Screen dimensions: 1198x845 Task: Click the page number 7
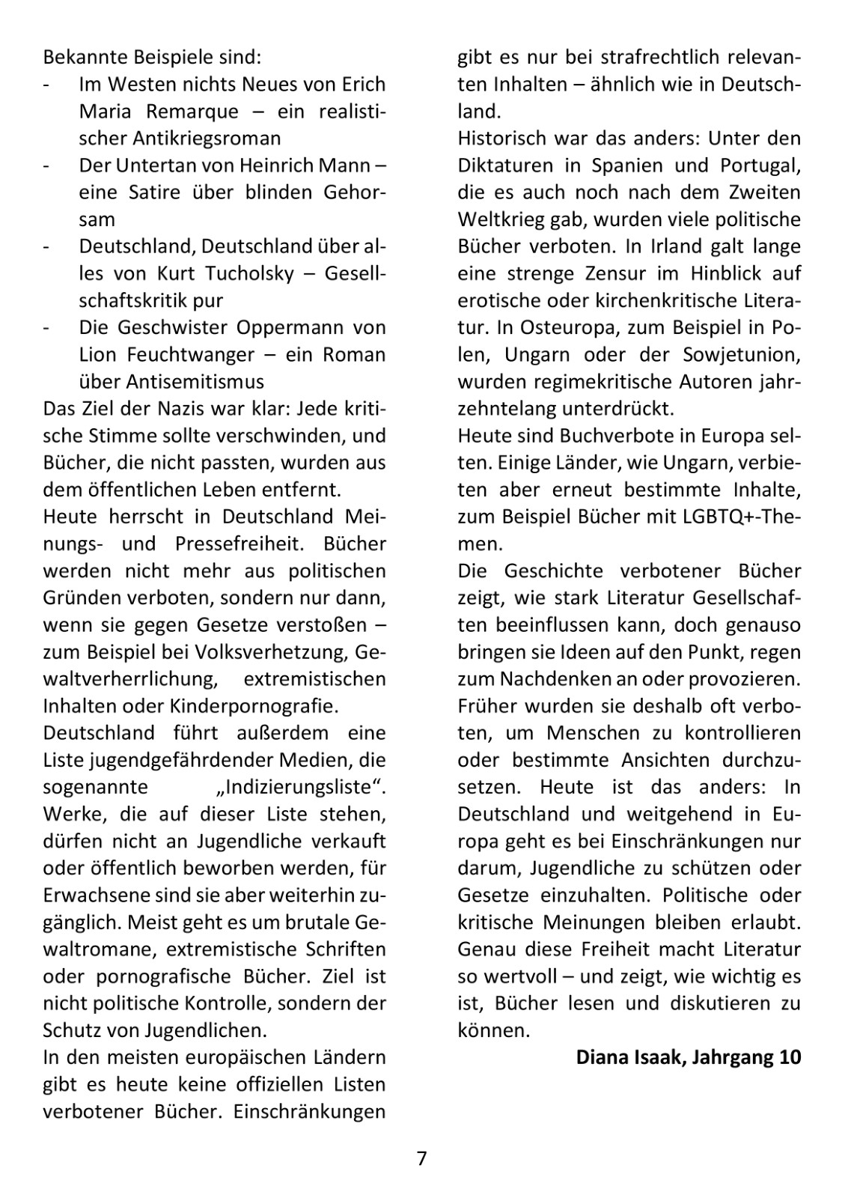click(422, 1159)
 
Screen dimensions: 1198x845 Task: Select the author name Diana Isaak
click(630, 1057)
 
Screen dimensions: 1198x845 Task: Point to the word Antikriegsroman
click(207, 138)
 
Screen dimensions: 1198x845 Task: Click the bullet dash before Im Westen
click(46, 85)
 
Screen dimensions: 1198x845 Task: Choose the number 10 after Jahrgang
click(789, 1057)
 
